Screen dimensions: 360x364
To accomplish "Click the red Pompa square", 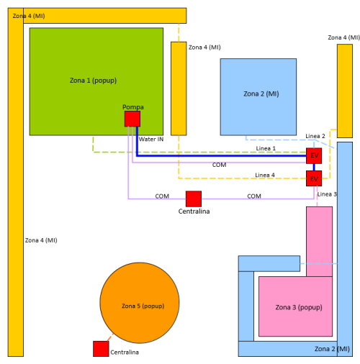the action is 132,119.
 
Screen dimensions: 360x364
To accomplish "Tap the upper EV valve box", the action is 314,156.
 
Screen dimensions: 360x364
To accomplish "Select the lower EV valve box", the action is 314,178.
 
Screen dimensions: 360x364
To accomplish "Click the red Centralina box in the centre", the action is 194,199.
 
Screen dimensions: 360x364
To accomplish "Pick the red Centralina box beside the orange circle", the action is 101,349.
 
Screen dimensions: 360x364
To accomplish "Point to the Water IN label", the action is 151,140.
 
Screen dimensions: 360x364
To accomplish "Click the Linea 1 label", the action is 266,148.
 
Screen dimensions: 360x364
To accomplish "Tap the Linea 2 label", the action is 315,136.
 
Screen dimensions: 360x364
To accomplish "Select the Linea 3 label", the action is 327,194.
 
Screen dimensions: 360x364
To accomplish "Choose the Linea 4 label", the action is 265,175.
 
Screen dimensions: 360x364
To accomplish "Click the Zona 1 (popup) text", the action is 93,81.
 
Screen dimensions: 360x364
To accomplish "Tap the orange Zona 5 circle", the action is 140,303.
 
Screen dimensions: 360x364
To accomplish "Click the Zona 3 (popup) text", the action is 299,307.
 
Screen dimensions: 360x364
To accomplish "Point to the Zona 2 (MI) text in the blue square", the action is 261,94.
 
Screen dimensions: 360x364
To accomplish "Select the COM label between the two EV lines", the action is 219,165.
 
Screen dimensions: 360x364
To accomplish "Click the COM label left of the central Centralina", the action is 162,196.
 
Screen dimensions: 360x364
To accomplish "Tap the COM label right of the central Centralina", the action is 254,196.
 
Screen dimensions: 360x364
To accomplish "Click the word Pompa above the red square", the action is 133,107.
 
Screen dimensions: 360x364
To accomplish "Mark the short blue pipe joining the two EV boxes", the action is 314,167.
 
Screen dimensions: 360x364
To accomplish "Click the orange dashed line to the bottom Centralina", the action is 111,337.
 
